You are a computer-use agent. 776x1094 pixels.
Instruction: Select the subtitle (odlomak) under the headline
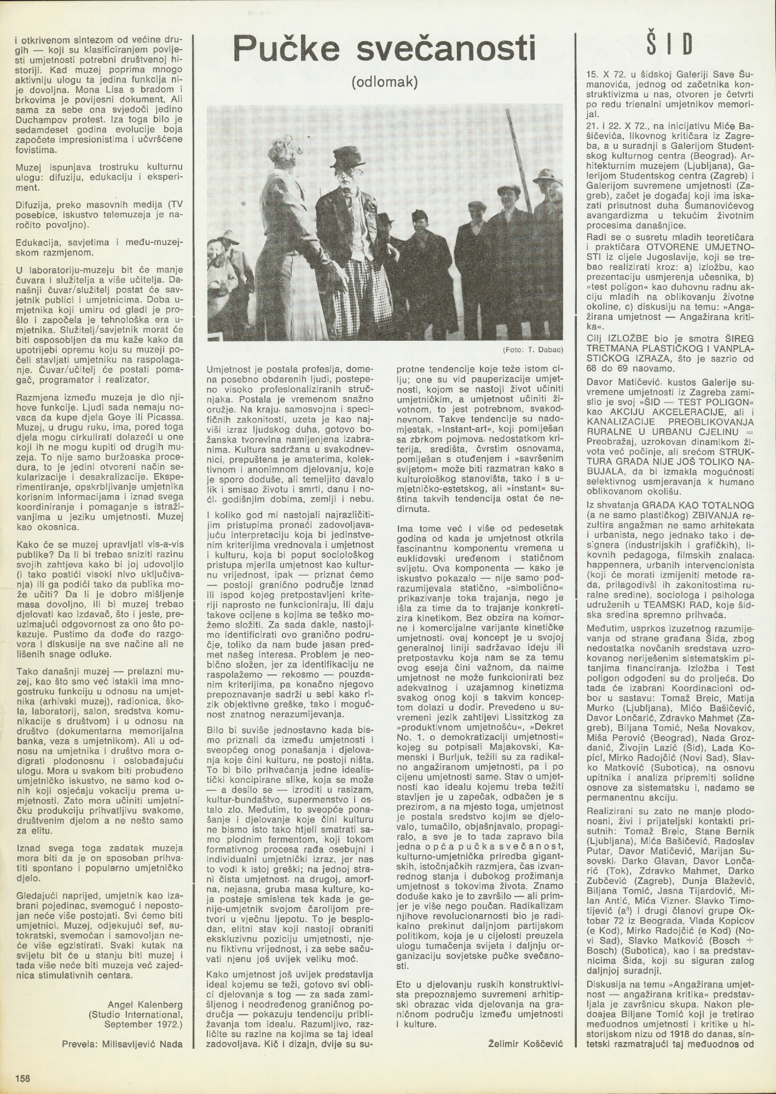tap(385, 82)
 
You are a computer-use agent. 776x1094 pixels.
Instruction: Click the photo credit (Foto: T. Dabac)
tap(532, 349)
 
